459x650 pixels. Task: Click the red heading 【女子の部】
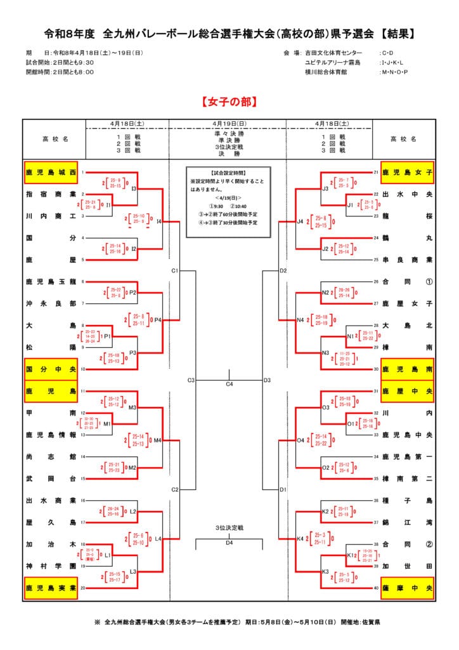click(229, 102)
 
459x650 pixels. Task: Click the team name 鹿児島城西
click(51, 172)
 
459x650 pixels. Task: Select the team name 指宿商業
click(51, 194)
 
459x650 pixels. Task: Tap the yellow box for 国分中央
click(51, 368)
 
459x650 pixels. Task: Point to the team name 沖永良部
click(51, 303)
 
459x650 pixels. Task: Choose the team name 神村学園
click(51, 566)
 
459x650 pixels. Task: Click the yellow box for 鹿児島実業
click(51, 588)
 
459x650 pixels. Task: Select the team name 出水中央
click(407, 194)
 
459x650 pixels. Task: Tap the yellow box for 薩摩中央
click(407, 588)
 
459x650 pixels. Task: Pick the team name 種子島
click(407, 500)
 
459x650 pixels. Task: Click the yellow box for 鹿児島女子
click(407, 172)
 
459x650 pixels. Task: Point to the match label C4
click(229, 384)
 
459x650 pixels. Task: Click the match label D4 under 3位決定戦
click(229, 543)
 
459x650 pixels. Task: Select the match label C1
click(174, 271)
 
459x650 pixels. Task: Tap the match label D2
click(283, 271)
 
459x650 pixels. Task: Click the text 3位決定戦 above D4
click(229, 528)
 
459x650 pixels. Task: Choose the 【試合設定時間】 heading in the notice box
click(228, 173)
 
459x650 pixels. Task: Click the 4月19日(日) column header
click(229, 124)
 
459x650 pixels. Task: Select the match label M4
click(158, 440)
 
